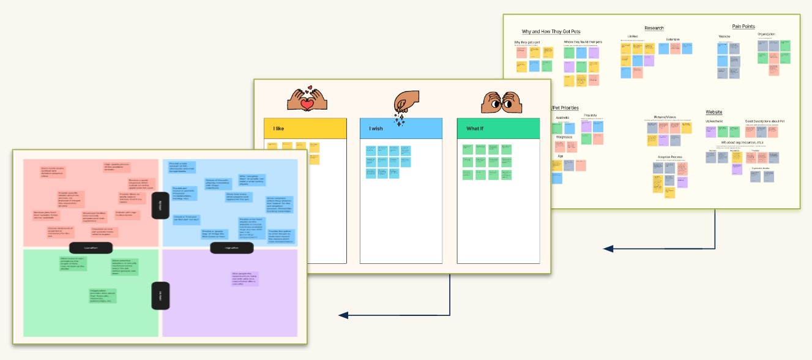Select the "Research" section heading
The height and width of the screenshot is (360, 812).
[x=654, y=28]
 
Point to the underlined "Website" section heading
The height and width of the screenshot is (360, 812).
[x=713, y=113]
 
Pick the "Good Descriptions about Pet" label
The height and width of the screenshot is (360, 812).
[x=764, y=121]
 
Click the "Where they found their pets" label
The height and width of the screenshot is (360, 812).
[x=583, y=42]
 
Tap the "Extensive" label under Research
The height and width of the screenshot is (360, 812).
[x=672, y=39]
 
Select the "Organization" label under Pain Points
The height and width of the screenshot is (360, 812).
[x=766, y=34]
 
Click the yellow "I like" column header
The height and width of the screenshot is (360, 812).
[x=305, y=129]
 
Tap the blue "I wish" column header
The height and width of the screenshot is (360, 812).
[x=401, y=129]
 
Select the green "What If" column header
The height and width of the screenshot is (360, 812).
[x=498, y=129]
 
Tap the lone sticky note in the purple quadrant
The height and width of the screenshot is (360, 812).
[x=245, y=279]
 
